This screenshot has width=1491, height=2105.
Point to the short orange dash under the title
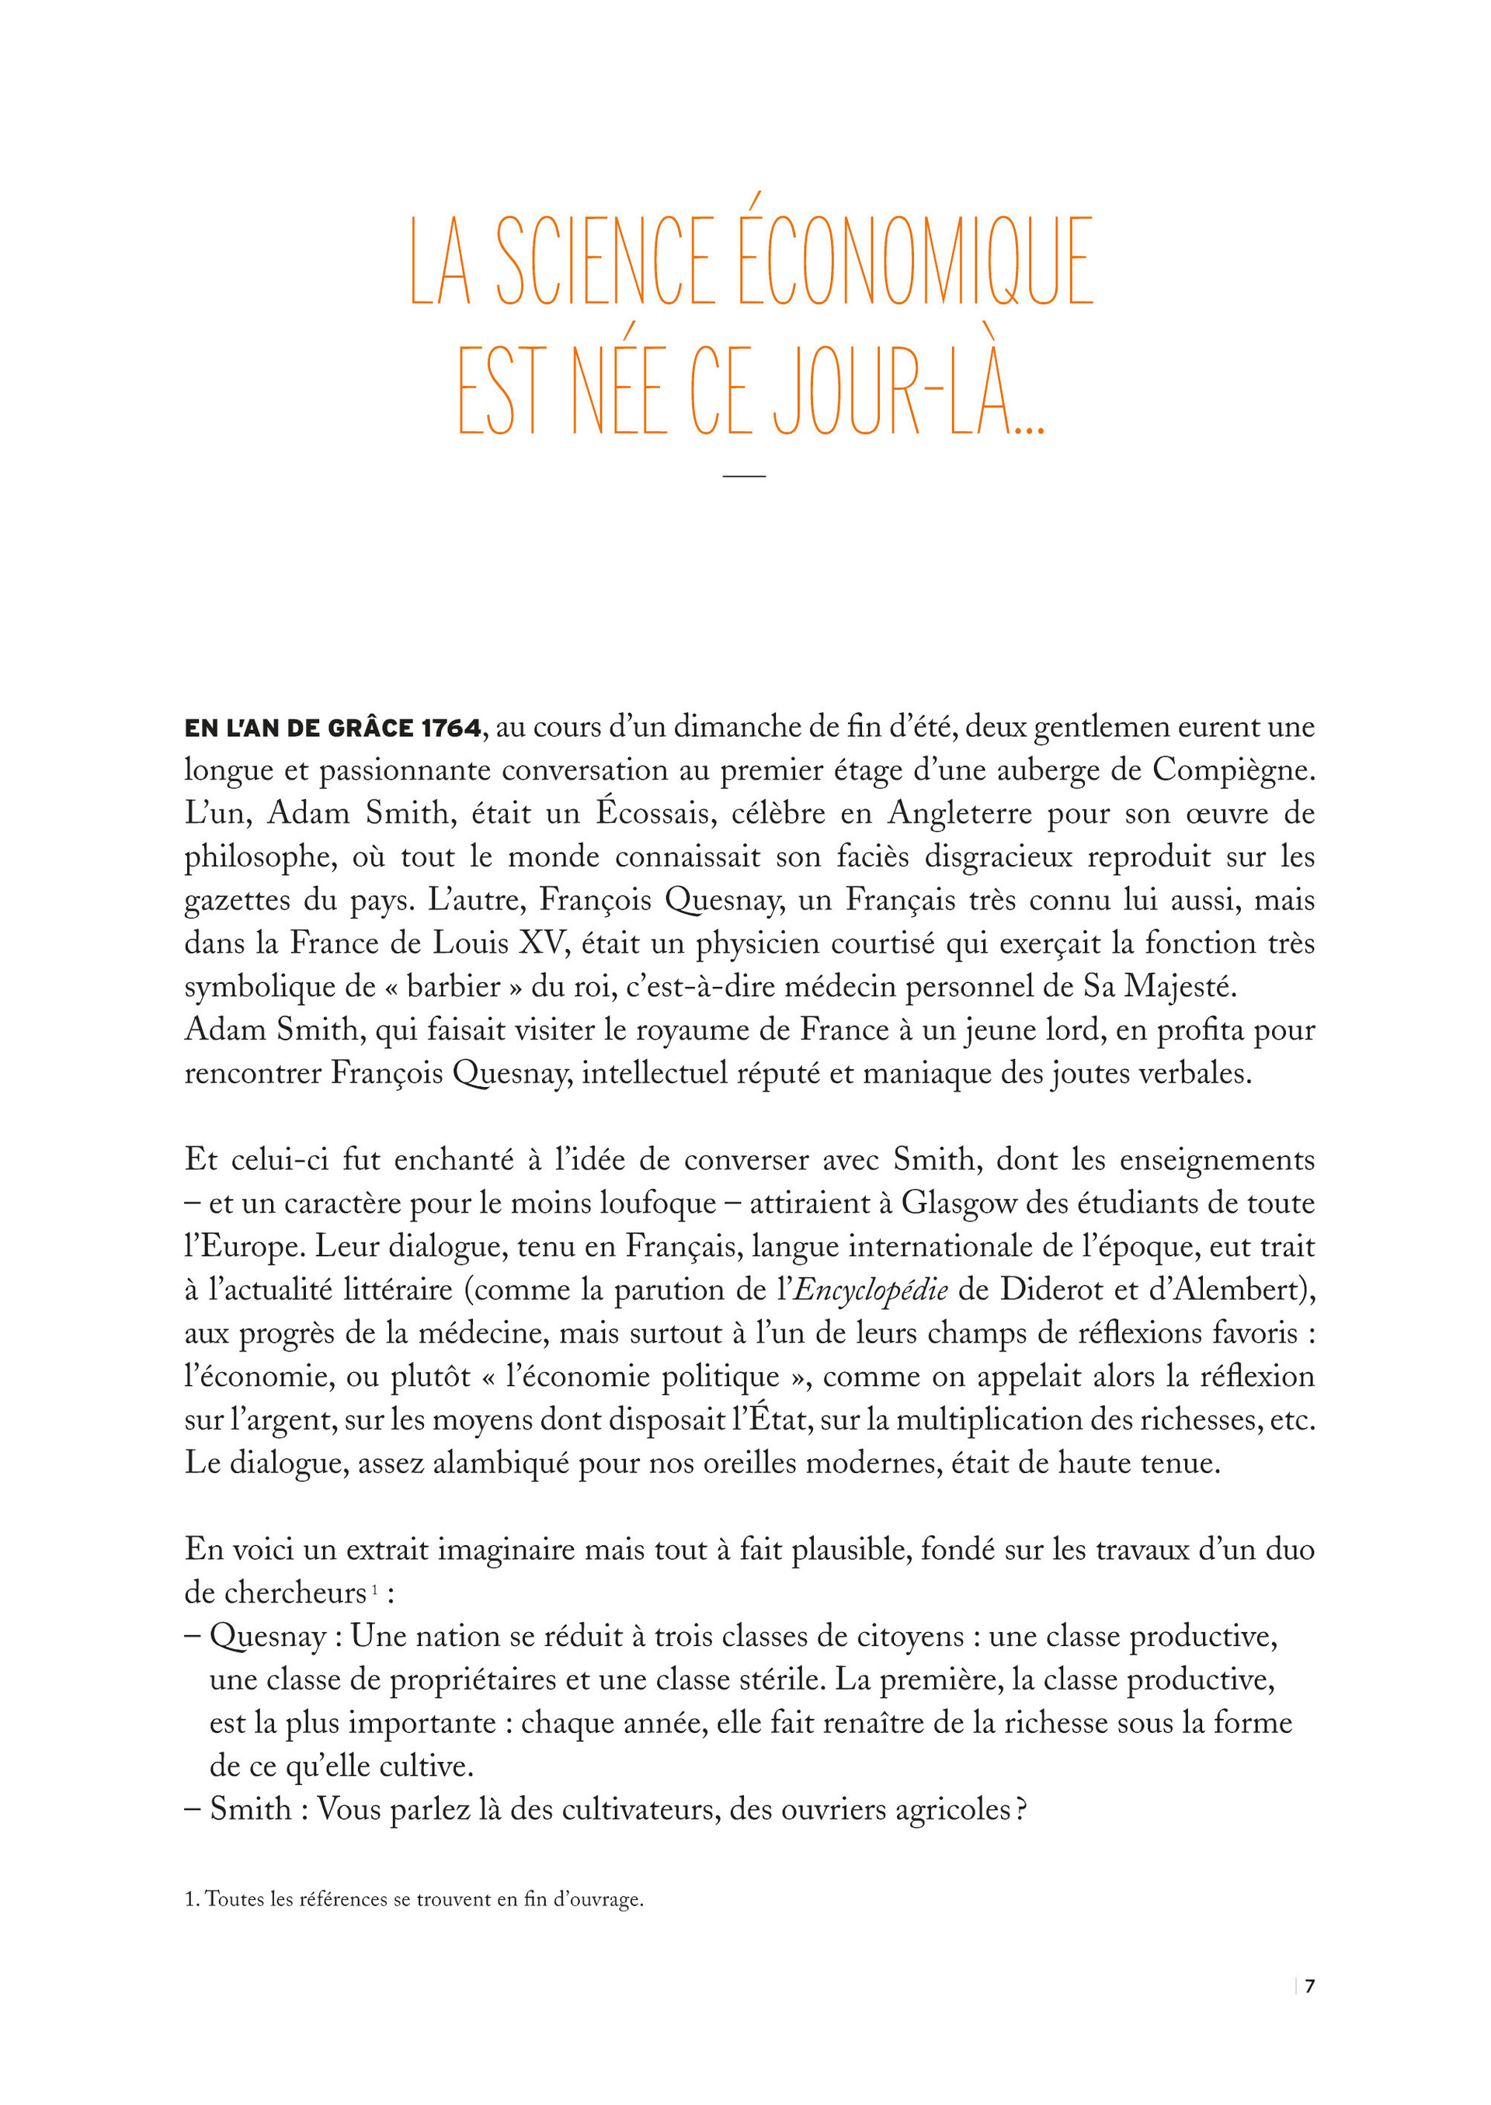pyautogui.click(x=744, y=475)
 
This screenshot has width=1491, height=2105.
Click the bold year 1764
pyautogui.click(x=450, y=729)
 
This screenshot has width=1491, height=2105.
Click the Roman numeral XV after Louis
pyautogui.click(x=530, y=943)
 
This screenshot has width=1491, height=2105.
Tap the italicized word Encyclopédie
pyautogui.click(x=870, y=1290)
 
